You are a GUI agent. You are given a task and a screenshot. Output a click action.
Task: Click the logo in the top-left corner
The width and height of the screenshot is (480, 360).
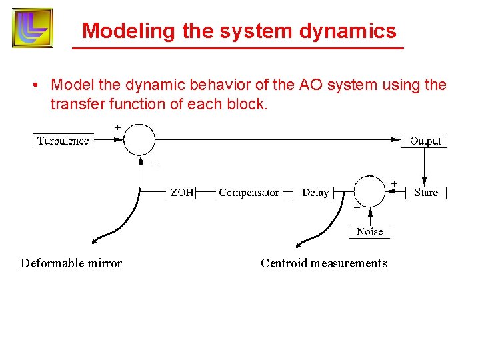(x=33, y=28)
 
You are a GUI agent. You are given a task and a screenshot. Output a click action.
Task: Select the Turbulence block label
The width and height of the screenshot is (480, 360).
(x=63, y=141)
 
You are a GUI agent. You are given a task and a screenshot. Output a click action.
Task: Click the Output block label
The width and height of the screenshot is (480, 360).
(x=425, y=141)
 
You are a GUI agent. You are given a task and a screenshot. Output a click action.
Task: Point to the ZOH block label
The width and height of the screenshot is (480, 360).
(x=182, y=193)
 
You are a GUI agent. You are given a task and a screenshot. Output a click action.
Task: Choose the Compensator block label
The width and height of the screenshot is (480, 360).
(x=249, y=193)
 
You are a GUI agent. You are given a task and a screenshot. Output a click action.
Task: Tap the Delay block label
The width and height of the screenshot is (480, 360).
(x=315, y=193)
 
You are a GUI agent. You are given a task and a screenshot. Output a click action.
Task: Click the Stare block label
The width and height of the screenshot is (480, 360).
(x=426, y=193)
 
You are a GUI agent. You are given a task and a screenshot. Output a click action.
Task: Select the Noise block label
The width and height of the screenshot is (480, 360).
(x=370, y=232)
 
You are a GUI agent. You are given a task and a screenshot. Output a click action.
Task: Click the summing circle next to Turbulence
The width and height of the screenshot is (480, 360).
(x=139, y=140)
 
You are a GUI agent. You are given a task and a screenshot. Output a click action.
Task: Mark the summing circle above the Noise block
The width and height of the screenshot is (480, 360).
(x=369, y=192)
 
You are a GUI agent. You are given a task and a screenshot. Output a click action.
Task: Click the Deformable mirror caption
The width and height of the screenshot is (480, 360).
(x=71, y=263)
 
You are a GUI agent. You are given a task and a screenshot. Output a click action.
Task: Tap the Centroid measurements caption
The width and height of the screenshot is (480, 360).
(x=323, y=263)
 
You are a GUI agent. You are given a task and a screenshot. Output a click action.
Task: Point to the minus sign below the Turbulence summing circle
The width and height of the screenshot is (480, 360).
(x=155, y=166)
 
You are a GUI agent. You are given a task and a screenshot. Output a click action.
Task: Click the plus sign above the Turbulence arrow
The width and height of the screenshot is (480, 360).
(x=117, y=127)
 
